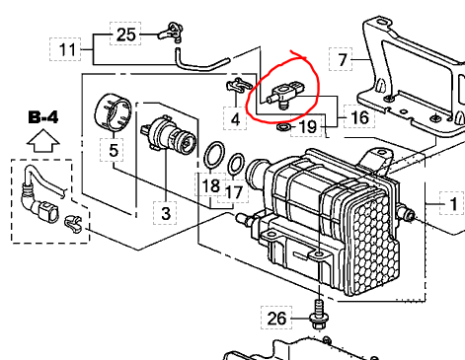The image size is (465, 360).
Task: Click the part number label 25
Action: [x=125, y=35]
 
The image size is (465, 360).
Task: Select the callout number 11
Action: [x=67, y=49]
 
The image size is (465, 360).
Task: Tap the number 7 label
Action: [x=343, y=59]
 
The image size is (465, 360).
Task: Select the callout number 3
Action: [x=166, y=213]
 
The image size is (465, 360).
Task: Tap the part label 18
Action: [x=211, y=185]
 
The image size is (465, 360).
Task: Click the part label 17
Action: [x=234, y=192]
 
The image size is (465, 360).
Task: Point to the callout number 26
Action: [x=277, y=319]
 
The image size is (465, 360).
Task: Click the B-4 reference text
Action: [x=43, y=117]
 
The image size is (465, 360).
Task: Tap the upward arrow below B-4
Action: [x=43, y=141]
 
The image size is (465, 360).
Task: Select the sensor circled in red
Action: [x=284, y=94]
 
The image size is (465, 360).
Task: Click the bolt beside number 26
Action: [x=319, y=315]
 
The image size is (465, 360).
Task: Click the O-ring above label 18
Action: [x=214, y=154]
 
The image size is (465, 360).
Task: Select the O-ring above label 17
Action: [x=236, y=164]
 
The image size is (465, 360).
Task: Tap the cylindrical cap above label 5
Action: [x=113, y=111]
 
